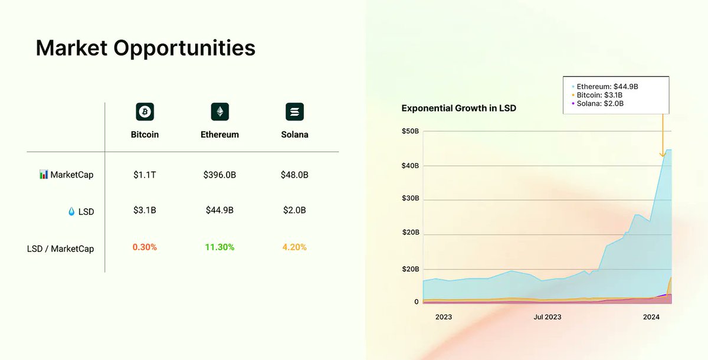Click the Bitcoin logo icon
[x=145, y=112]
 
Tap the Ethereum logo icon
[x=219, y=112]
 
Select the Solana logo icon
[x=294, y=112]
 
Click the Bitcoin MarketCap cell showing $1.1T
[x=145, y=175]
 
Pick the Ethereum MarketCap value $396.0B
[x=219, y=175]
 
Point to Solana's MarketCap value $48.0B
[x=294, y=175]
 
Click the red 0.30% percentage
[x=145, y=247]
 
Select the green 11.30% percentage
[x=219, y=247]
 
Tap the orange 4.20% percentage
[x=294, y=247]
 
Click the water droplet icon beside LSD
[x=71, y=211]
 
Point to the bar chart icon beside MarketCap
[x=44, y=174]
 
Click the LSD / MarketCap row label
[x=60, y=248]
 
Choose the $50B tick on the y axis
[x=410, y=131]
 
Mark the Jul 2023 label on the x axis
[x=548, y=317]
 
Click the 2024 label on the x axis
[x=651, y=317]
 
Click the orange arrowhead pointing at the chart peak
[x=663, y=155]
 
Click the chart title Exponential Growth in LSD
[x=458, y=109]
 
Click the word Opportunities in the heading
[x=184, y=48]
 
